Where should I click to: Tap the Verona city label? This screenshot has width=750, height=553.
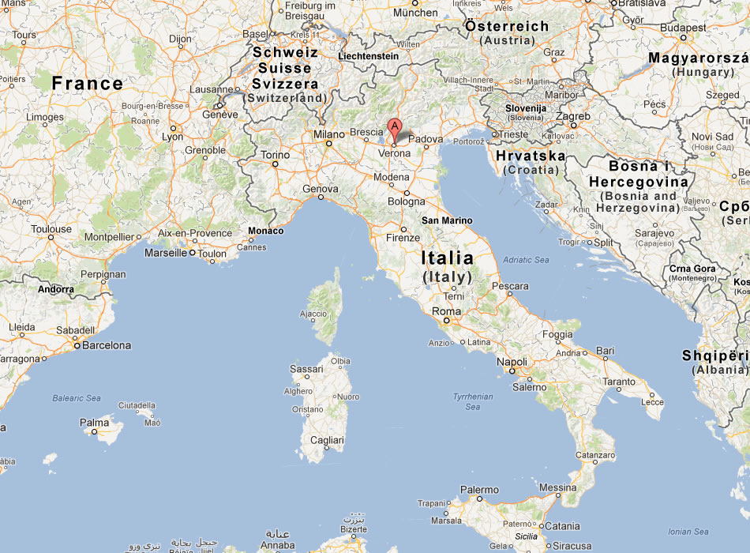(x=395, y=153)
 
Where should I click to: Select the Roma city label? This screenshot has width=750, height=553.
(x=446, y=311)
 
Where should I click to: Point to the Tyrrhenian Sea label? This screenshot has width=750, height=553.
(x=473, y=401)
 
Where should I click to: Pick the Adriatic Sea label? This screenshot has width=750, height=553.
(x=526, y=259)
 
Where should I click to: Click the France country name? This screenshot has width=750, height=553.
(x=88, y=83)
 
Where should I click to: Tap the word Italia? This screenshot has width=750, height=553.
(x=447, y=258)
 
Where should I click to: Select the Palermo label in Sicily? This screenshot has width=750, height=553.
(x=479, y=490)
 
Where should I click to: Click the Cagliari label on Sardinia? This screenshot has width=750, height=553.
(x=327, y=440)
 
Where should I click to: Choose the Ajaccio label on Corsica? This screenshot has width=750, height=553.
(x=313, y=314)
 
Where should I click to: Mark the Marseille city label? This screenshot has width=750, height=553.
(x=167, y=253)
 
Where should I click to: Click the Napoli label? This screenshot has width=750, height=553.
(x=512, y=361)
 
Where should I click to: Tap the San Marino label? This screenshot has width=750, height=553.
(x=447, y=220)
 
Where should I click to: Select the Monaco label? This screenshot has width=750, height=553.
(x=265, y=231)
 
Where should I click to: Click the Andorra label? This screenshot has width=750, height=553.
(x=56, y=289)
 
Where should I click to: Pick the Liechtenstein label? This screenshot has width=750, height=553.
(x=368, y=57)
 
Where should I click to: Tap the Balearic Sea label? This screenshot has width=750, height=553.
(x=77, y=398)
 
